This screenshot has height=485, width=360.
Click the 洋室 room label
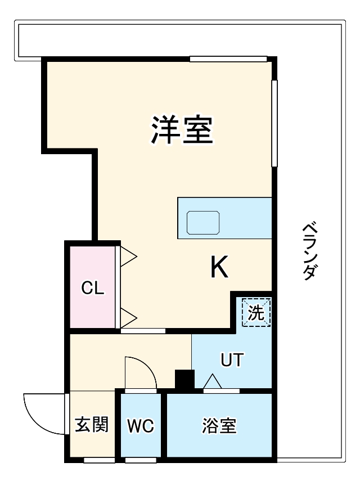[x=181, y=129]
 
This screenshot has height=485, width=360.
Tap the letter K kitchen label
[x=219, y=267]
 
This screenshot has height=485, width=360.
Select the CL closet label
[x=93, y=288]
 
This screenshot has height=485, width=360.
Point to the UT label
[x=232, y=360]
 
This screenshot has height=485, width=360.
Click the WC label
[x=141, y=426]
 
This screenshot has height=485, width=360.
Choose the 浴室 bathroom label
[x=219, y=426]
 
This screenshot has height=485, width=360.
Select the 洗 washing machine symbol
[x=256, y=313]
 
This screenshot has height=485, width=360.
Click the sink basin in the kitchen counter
[x=203, y=223]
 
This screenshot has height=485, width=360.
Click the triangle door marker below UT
[x=213, y=383]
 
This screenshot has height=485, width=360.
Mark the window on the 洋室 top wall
[x=228, y=59]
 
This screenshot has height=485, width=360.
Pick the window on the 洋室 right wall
[x=274, y=124]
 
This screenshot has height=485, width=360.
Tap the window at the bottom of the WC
[x=141, y=460]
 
